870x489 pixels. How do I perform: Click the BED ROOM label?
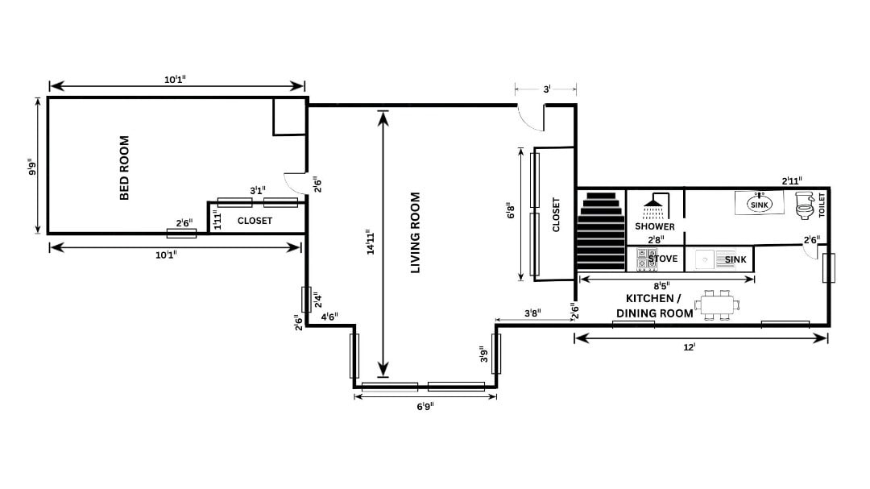click(x=124, y=168)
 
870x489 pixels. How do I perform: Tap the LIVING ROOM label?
click(x=416, y=232)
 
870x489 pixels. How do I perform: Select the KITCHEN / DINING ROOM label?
click(x=654, y=305)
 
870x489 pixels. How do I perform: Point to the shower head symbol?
click(x=655, y=206)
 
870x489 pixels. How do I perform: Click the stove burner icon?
click(x=647, y=259)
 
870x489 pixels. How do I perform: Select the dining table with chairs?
click(x=717, y=305)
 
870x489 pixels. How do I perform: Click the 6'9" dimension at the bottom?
click(x=425, y=406)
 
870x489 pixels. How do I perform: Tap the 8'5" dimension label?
click(x=661, y=287)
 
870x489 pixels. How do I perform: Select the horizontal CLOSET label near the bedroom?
click(x=255, y=221)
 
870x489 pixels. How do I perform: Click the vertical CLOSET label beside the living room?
click(x=556, y=215)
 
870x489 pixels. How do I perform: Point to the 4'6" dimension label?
click(x=329, y=317)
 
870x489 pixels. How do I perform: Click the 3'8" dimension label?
click(x=532, y=313)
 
